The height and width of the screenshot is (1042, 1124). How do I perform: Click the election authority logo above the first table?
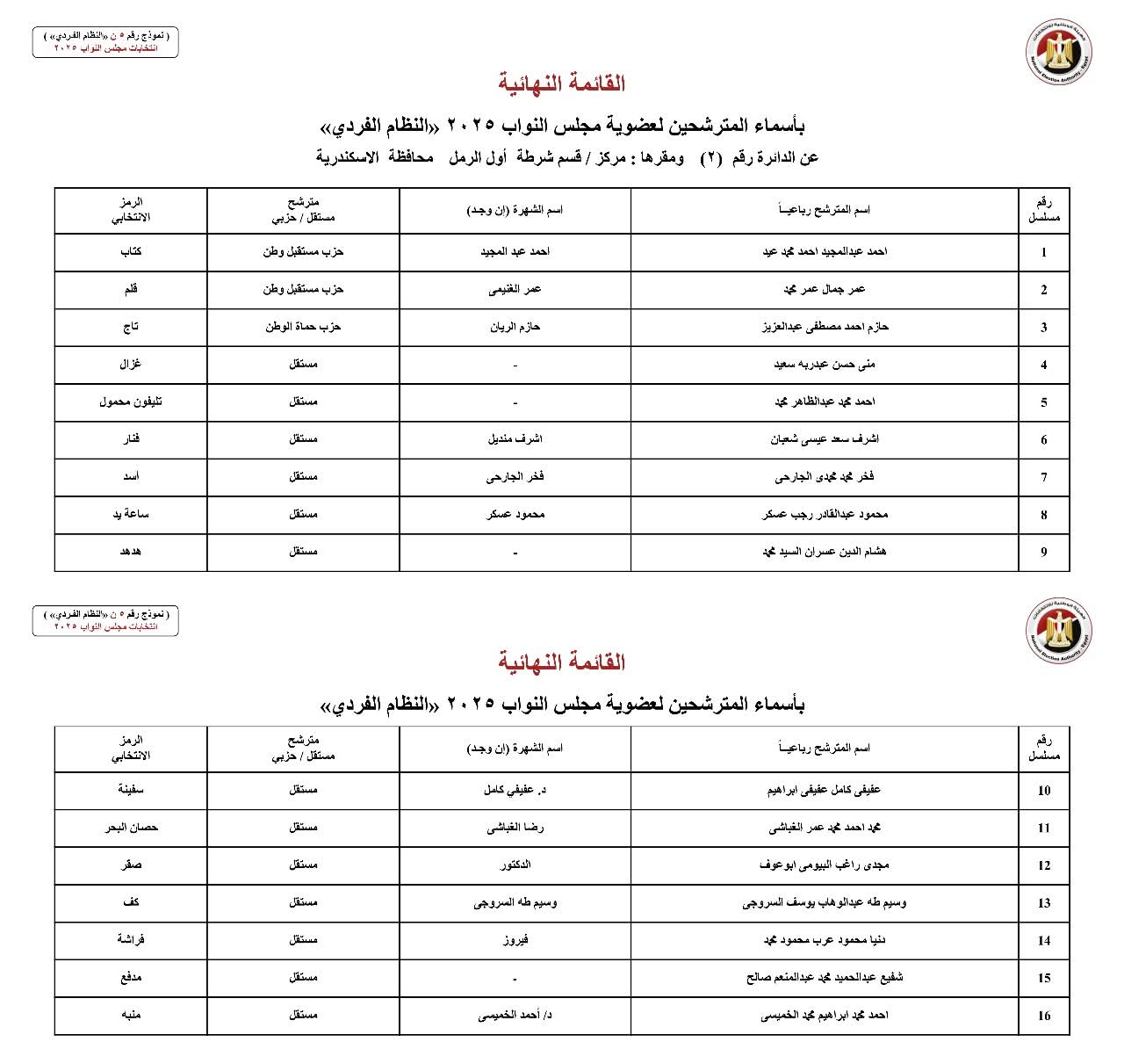click(x=1060, y=52)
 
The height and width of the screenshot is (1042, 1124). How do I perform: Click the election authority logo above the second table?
click(x=1060, y=630)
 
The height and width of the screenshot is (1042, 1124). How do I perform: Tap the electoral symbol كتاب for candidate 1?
click(x=131, y=251)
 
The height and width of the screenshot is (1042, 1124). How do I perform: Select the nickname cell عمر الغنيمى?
click(x=515, y=289)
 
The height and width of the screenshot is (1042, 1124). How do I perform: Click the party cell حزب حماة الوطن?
click(x=303, y=327)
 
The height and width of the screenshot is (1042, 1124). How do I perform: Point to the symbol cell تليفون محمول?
click(x=131, y=402)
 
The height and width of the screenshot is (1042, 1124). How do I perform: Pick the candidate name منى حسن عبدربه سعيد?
click(x=825, y=365)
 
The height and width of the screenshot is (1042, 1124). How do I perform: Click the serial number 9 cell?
click(x=1043, y=553)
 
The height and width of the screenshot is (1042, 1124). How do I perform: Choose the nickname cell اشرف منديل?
click(x=515, y=439)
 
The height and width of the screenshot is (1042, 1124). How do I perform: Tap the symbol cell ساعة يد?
click(x=131, y=514)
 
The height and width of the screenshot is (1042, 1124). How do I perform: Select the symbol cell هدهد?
click(x=131, y=552)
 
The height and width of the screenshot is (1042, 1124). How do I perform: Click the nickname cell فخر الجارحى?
click(x=515, y=477)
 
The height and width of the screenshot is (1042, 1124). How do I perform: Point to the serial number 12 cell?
click(x=1043, y=865)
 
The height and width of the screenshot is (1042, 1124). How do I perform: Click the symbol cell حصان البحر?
click(x=131, y=827)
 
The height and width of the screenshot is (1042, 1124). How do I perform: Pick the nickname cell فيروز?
click(x=515, y=940)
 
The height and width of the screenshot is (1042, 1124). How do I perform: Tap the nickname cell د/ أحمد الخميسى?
click(x=515, y=1016)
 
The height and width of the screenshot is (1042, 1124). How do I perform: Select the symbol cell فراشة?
click(x=131, y=939)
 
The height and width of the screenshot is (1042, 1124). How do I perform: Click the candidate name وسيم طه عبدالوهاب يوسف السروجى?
click(x=825, y=902)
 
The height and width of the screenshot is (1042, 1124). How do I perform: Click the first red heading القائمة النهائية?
click(x=562, y=84)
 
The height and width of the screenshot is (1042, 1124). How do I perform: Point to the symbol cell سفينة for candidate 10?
click(x=131, y=789)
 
